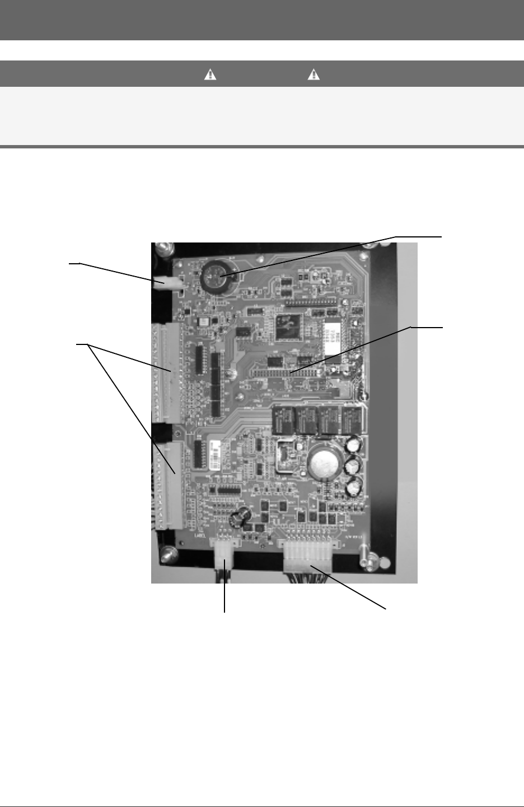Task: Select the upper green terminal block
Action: [167, 372]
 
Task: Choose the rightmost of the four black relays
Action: [351, 418]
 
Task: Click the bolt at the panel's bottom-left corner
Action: [167, 555]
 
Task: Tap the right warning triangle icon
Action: [314, 75]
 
